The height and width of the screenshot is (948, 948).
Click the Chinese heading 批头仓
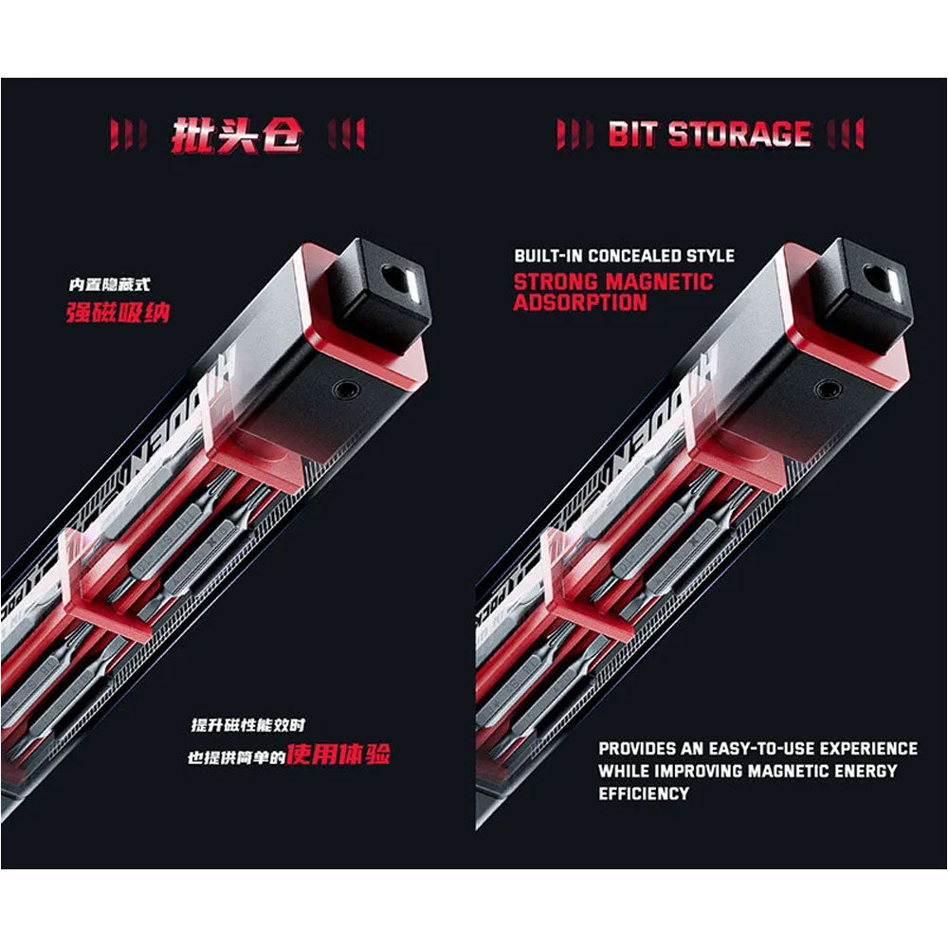click(x=236, y=135)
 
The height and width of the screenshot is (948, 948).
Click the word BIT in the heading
click(x=631, y=135)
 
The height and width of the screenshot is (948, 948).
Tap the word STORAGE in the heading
click(x=739, y=135)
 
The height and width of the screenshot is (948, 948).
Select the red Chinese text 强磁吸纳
click(x=118, y=313)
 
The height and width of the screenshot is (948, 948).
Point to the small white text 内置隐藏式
click(x=109, y=284)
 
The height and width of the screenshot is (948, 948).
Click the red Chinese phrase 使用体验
click(x=338, y=754)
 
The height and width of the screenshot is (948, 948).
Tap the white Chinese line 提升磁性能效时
click(x=247, y=725)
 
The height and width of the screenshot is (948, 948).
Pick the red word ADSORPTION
click(x=580, y=302)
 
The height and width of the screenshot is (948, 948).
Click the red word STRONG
click(x=556, y=282)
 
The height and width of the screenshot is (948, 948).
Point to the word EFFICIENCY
click(x=644, y=793)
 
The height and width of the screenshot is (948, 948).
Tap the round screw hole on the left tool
click(x=347, y=389)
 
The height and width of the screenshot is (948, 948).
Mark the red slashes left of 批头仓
click(x=128, y=135)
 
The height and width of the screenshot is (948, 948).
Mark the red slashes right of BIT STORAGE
click(x=846, y=134)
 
